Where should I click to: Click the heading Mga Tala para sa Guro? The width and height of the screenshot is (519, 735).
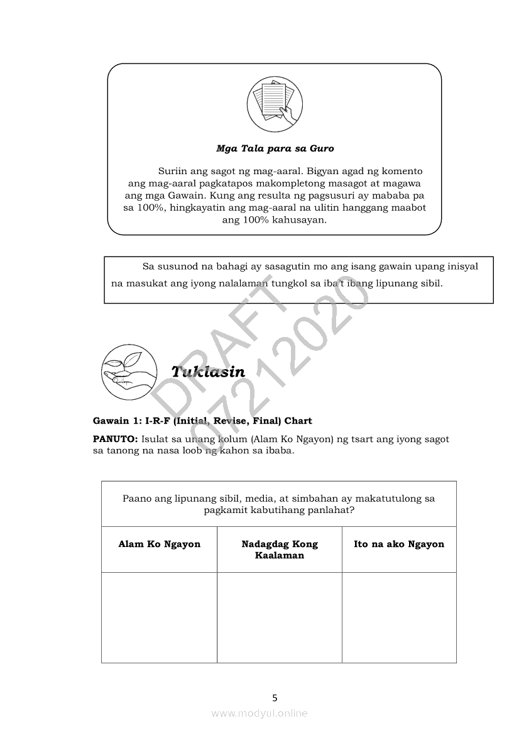[x=275, y=149]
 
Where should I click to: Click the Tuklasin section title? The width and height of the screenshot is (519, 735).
[x=208, y=372]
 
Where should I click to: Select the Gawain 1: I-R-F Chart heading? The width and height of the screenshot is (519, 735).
[x=202, y=421]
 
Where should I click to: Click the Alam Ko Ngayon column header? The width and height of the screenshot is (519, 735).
[x=159, y=544]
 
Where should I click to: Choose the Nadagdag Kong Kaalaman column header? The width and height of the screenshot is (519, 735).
[x=280, y=550]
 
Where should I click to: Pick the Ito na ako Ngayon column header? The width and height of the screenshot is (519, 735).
[x=399, y=544]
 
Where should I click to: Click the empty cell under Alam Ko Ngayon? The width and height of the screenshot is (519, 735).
[x=159, y=617]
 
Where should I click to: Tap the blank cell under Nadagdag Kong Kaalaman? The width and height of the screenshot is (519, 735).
[x=280, y=617]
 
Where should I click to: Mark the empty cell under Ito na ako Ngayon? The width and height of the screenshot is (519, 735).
[x=399, y=617]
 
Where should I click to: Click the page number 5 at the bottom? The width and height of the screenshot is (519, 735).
[x=275, y=697]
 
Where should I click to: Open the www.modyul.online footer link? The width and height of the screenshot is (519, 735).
[x=259, y=713]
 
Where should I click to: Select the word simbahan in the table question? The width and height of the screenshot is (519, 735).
[x=304, y=499]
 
